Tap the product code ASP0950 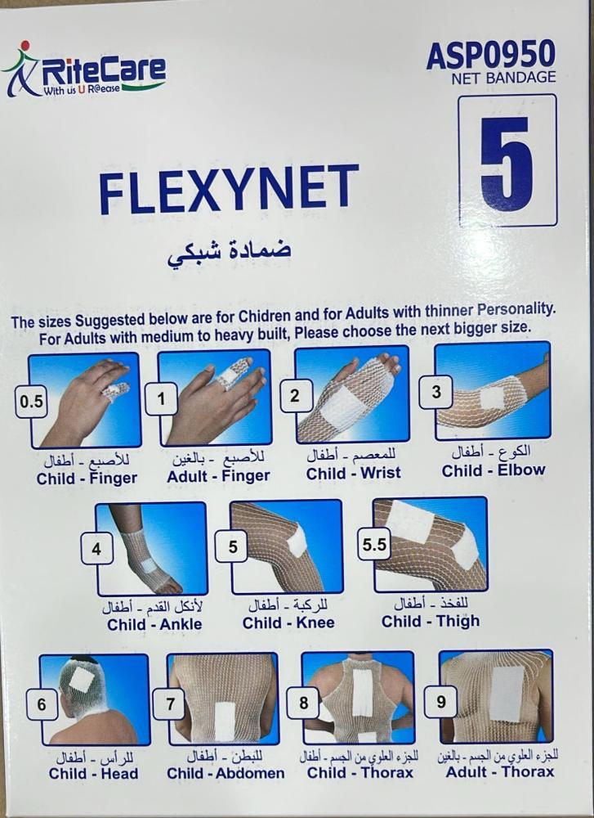coord(491,54)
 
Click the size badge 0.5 coord(31,402)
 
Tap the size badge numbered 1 coord(161,400)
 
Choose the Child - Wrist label coord(353,474)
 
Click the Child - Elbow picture coord(493,390)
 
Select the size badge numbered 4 coord(97,549)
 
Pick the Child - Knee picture coord(286,546)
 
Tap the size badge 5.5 coord(375,545)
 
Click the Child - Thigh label coord(431,622)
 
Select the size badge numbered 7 coord(170,704)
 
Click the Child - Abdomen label coord(226,773)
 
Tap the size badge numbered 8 coord(303,703)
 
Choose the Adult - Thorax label coord(500,771)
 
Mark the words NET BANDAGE coord(503,78)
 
